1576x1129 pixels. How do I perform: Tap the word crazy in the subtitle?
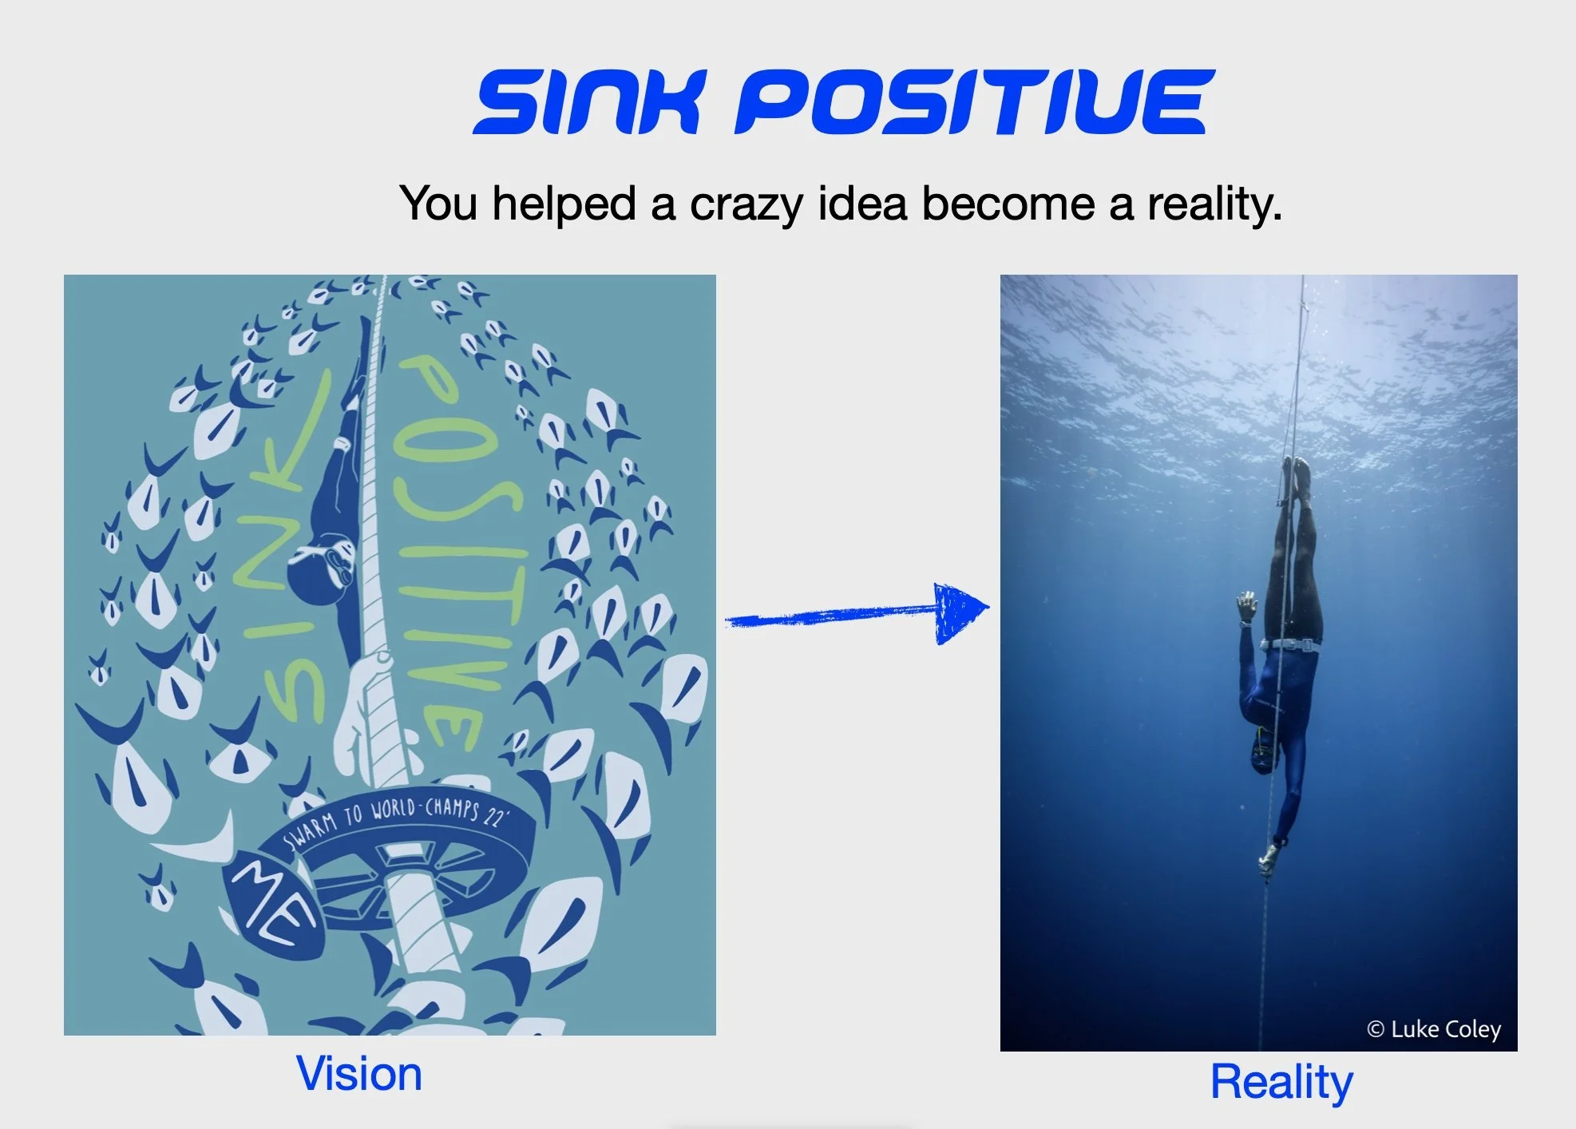(747, 204)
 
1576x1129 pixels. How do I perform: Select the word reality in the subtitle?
(1214, 204)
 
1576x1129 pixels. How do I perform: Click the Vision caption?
(359, 1074)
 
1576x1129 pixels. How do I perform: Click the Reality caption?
(1282, 1083)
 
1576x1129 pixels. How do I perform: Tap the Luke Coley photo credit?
(1434, 1029)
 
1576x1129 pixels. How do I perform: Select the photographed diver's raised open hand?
(1246, 607)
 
